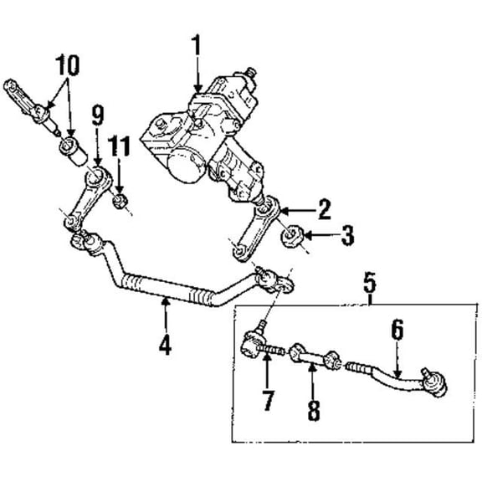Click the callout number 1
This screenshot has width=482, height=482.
(x=196, y=45)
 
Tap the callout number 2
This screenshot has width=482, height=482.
(x=325, y=209)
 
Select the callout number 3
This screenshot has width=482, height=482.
(x=347, y=235)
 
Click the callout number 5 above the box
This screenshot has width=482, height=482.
(x=370, y=283)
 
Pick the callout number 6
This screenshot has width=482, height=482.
(x=397, y=329)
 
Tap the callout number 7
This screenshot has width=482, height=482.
(x=268, y=400)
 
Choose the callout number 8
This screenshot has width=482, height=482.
(x=314, y=410)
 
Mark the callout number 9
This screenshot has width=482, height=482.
(x=98, y=115)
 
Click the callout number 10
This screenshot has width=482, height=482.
(x=67, y=65)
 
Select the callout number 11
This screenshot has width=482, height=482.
(x=119, y=146)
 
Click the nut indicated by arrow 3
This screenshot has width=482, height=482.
(x=291, y=237)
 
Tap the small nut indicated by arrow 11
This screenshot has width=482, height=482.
(x=120, y=201)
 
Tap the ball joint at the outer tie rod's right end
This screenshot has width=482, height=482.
(x=434, y=382)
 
